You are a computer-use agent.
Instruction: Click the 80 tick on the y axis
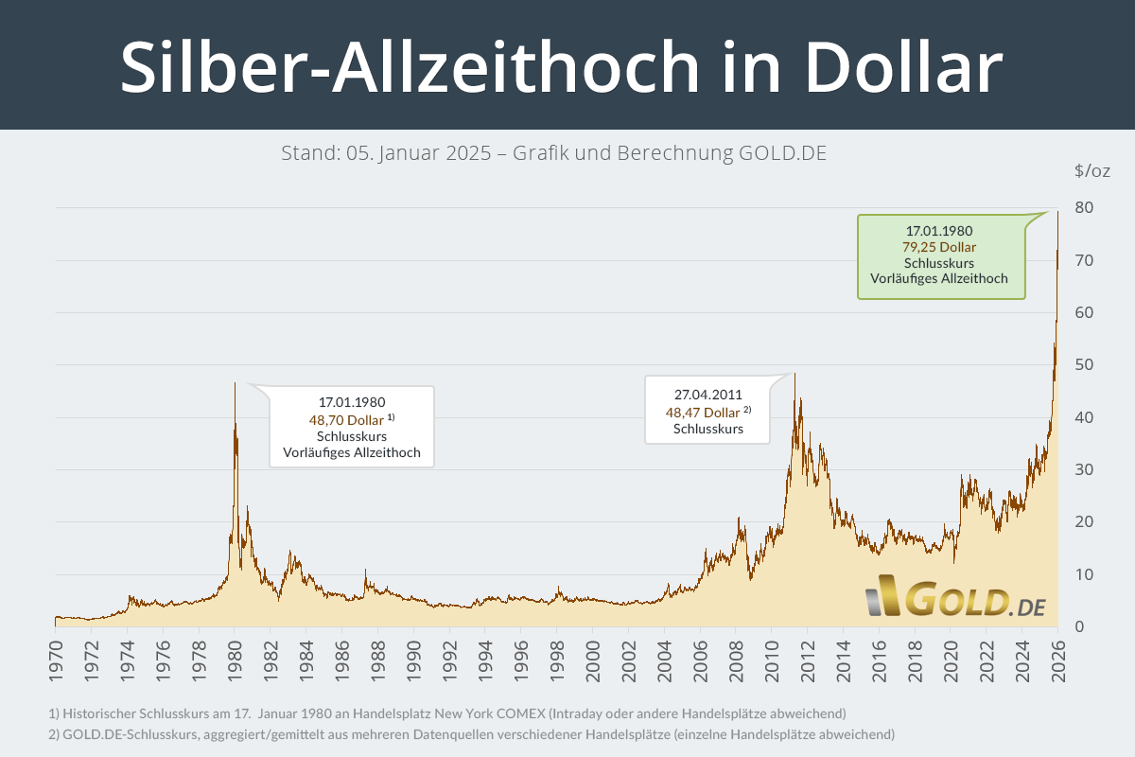1084,208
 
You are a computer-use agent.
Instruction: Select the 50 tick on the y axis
1084,365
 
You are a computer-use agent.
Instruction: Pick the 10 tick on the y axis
1084,574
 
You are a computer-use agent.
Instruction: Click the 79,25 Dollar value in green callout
939,247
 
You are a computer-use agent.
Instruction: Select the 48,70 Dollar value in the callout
346,419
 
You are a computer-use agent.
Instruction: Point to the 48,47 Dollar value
702,413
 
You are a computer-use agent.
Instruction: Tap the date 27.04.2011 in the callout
707,396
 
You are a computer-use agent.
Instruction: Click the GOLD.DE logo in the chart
955,602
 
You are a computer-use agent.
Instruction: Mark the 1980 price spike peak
236,382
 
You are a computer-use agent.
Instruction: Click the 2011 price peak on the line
794,373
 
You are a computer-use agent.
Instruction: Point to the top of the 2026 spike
1057,212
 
